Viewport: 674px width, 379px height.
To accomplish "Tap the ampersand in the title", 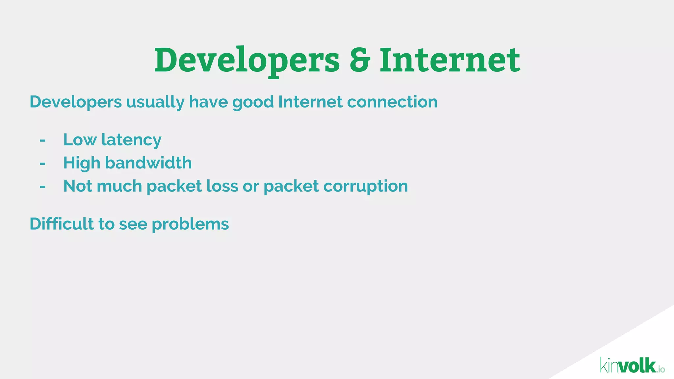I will (x=360, y=60).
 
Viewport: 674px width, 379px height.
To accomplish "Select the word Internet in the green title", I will (x=450, y=60).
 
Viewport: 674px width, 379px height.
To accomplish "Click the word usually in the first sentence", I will (x=155, y=102).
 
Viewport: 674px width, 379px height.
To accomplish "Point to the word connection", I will (x=392, y=102).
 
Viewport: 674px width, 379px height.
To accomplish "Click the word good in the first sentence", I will (x=253, y=103).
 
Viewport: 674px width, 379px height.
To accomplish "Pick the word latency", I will (x=131, y=140).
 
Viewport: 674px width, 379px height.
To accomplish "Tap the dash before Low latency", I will (x=42, y=140).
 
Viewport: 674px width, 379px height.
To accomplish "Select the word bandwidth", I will (x=148, y=163).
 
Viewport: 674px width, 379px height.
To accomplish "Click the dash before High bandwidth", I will (x=42, y=164).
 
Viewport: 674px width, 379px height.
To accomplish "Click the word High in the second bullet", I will (x=81, y=163).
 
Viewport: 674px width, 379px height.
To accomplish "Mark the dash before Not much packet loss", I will (x=42, y=187).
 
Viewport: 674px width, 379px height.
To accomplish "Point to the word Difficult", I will (x=62, y=224).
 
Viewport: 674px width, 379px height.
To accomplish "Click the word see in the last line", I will (x=133, y=224).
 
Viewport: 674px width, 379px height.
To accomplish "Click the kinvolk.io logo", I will (x=632, y=366).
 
